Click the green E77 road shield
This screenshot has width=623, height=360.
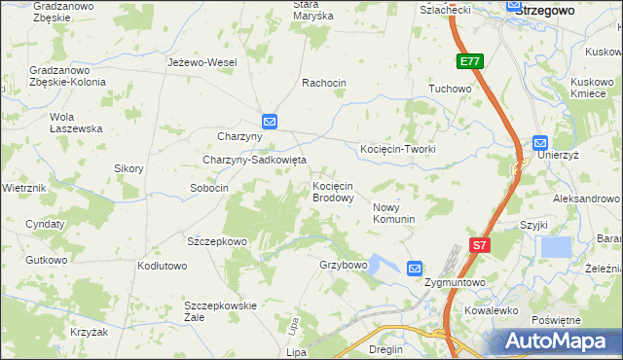click(x=470, y=61)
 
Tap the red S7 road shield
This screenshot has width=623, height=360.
click(x=479, y=246)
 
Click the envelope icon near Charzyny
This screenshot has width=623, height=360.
click(x=270, y=122)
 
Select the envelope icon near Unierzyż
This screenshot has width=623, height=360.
click(x=541, y=142)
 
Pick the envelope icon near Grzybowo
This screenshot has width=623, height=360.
click(x=415, y=268)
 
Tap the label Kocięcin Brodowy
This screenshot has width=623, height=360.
click(x=332, y=192)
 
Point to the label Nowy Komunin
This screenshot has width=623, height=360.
click(x=394, y=213)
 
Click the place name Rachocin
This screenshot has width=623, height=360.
click(x=324, y=83)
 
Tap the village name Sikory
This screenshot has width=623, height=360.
click(x=128, y=168)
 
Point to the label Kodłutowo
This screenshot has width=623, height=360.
click(x=162, y=266)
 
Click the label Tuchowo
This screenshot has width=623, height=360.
click(x=450, y=89)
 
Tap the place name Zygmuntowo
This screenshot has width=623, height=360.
click(x=455, y=282)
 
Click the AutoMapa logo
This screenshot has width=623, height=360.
click(x=560, y=341)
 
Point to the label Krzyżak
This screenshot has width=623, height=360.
click(x=89, y=332)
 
